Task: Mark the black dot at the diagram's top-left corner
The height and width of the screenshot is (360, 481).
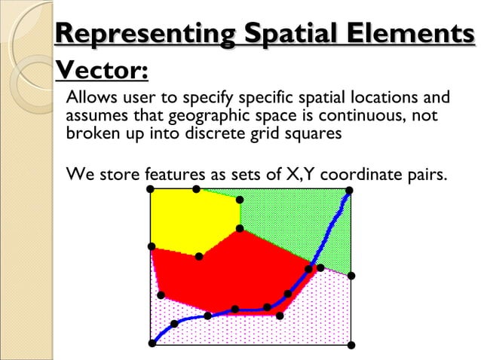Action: click(151, 188)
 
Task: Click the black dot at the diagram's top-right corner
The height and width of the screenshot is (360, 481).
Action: click(349, 191)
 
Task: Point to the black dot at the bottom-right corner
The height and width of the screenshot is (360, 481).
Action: click(351, 345)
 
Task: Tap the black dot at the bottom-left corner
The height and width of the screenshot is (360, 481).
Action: click(152, 343)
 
